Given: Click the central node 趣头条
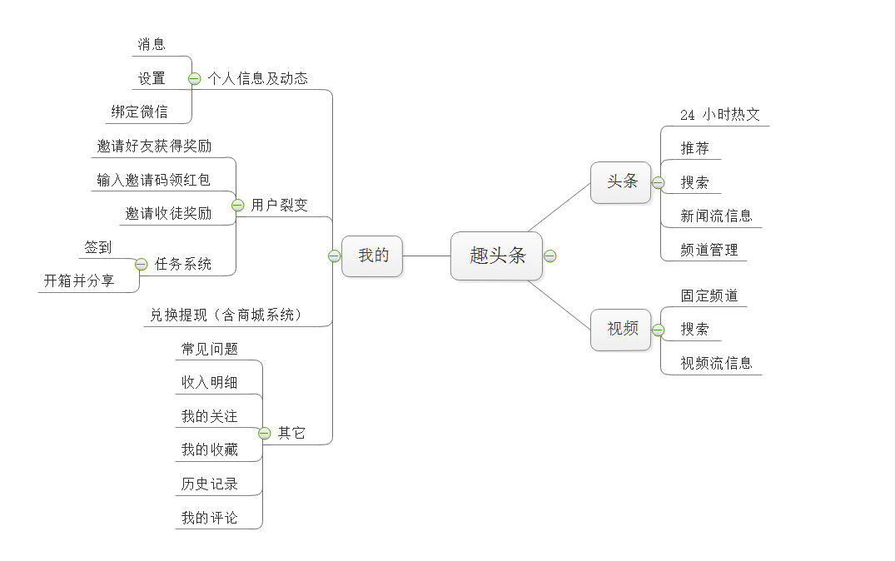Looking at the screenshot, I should [x=496, y=256].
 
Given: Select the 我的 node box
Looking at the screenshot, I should [x=372, y=256].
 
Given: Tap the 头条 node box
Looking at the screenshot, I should [x=621, y=181].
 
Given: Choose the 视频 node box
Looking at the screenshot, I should [x=621, y=329].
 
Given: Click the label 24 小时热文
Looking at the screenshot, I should [x=719, y=115].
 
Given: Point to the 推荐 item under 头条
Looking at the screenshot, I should [x=694, y=148].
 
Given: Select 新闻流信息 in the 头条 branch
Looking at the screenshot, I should [x=716, y=216].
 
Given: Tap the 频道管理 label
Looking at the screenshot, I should [x=709, y=250].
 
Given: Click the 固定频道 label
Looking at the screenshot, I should [x=709, y=295].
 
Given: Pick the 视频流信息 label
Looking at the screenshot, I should [x=716, y=363].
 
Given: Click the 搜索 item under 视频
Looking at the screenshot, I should [x=694, y=329].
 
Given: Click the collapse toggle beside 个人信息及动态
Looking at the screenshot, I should [x=195, y=78].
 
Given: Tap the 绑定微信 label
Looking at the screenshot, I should [x=139, y=112].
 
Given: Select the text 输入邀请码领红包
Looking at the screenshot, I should [x=153, y=180].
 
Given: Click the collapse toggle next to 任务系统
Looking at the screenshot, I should [x=141, y=264].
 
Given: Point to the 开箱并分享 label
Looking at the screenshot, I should [x=79, y=281].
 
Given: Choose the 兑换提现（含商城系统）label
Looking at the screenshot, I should [x=226, y=315].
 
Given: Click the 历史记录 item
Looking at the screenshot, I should [x=209, y=484].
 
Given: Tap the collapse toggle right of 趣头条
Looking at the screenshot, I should [x=549, y=256].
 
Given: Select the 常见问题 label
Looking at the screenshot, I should [x=209, y=349].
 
